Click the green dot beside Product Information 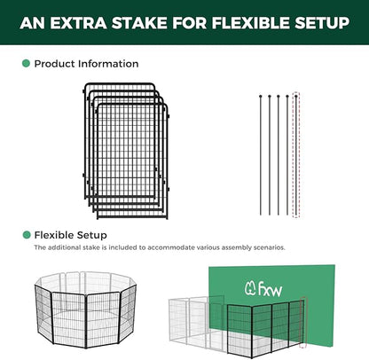[26, 64]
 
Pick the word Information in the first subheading [108, 64]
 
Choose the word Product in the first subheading [54, 64]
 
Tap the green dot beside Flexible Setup [26, 235]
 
